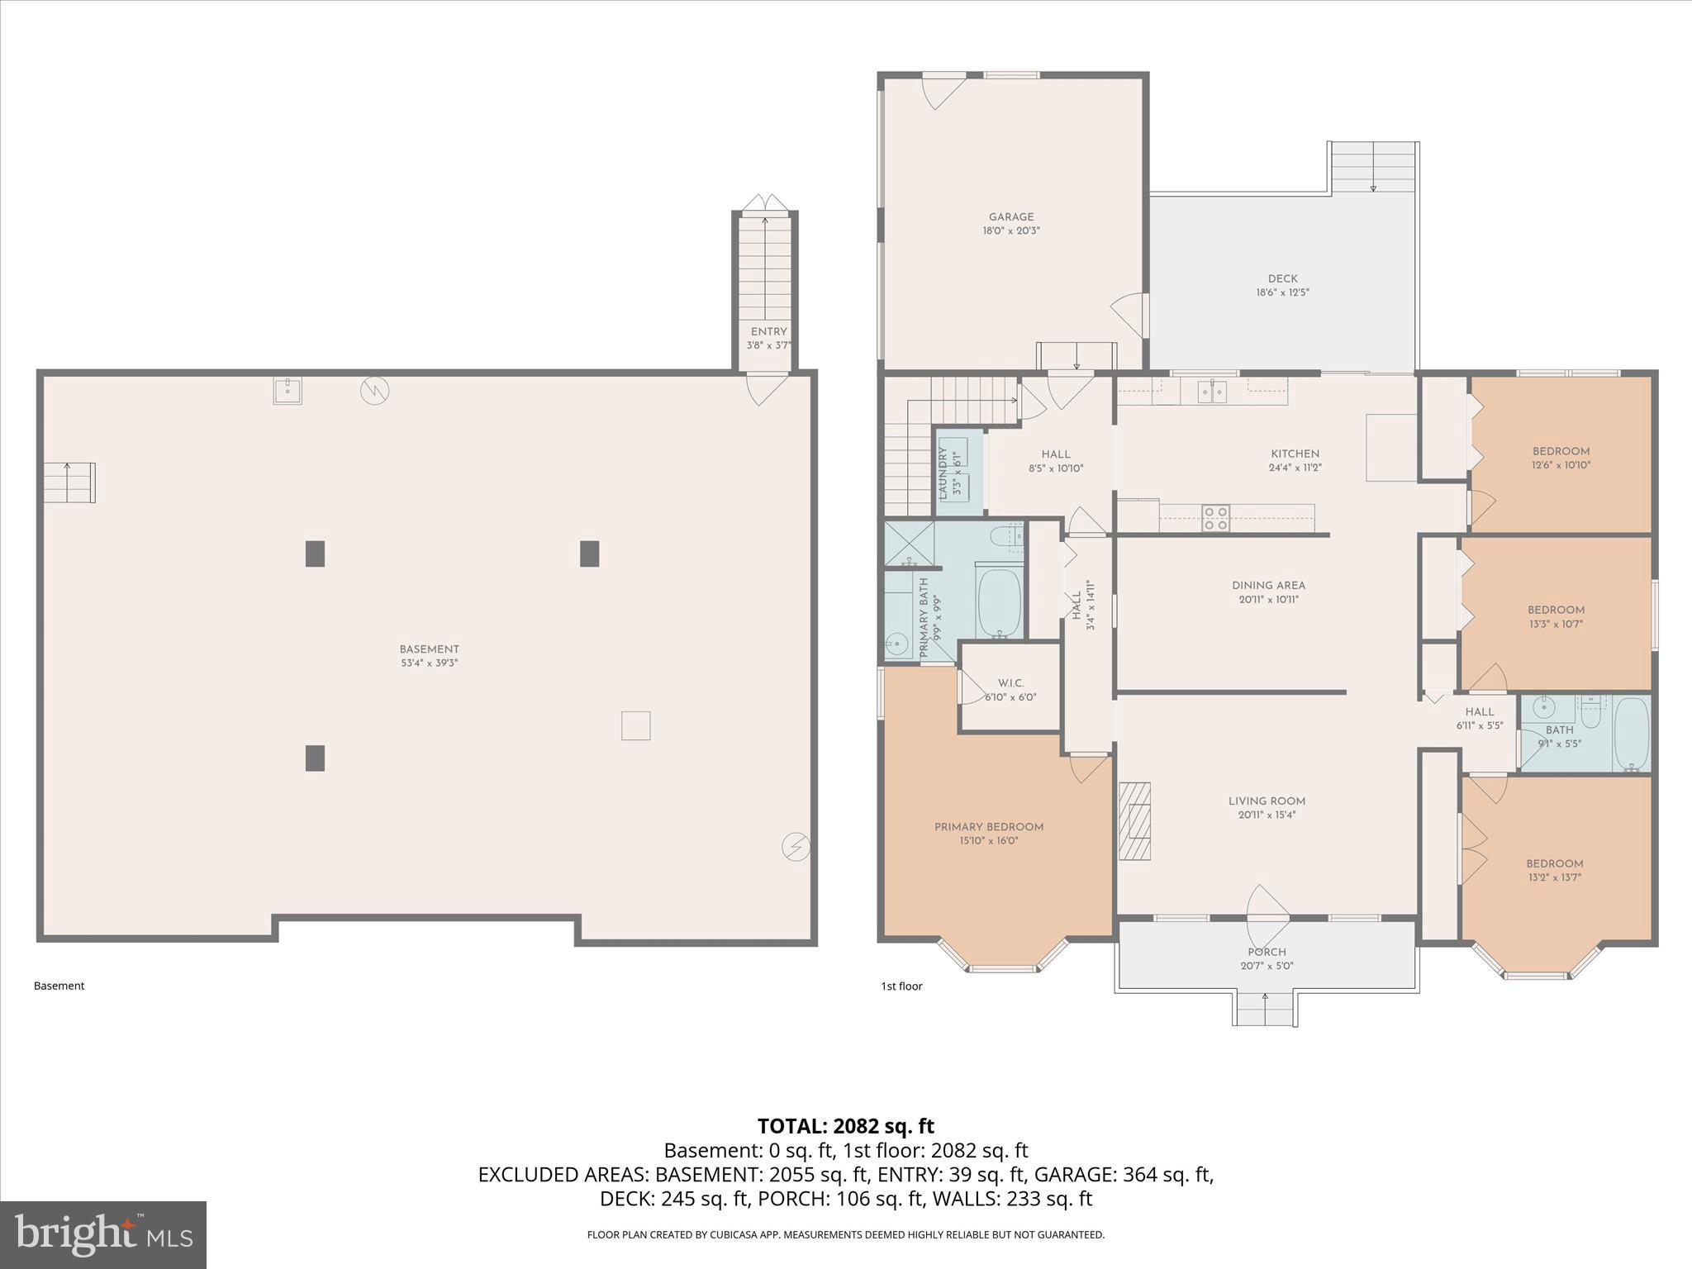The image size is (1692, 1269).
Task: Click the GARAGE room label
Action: click(1010, 217)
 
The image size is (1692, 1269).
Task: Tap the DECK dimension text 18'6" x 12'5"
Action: click(1282, 292)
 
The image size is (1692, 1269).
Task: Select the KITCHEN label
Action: click(1295, 454)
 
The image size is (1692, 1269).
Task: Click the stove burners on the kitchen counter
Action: click(1215, 518)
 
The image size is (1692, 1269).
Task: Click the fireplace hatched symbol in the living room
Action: click(1135, 821)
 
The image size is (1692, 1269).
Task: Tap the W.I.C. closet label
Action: click(1010, 683)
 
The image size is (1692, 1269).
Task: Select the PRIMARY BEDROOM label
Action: click(989, 827)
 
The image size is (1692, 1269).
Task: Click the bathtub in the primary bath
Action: click(1000, 601)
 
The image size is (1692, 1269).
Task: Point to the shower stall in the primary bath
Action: click(909, 543)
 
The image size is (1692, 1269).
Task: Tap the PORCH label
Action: click(1267, 952)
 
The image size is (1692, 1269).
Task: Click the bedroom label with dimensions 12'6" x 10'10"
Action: click(1561, 451)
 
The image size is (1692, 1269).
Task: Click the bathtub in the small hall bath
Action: click(1631, 734)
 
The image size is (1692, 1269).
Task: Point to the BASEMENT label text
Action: click(429, 649)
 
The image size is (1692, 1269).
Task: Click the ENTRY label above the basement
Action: click(768, 331)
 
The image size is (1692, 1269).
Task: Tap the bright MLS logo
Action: click(103, 1235)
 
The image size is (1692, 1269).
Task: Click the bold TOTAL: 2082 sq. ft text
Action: click(845, 1126)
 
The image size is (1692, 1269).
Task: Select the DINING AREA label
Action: click(1268, 586)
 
